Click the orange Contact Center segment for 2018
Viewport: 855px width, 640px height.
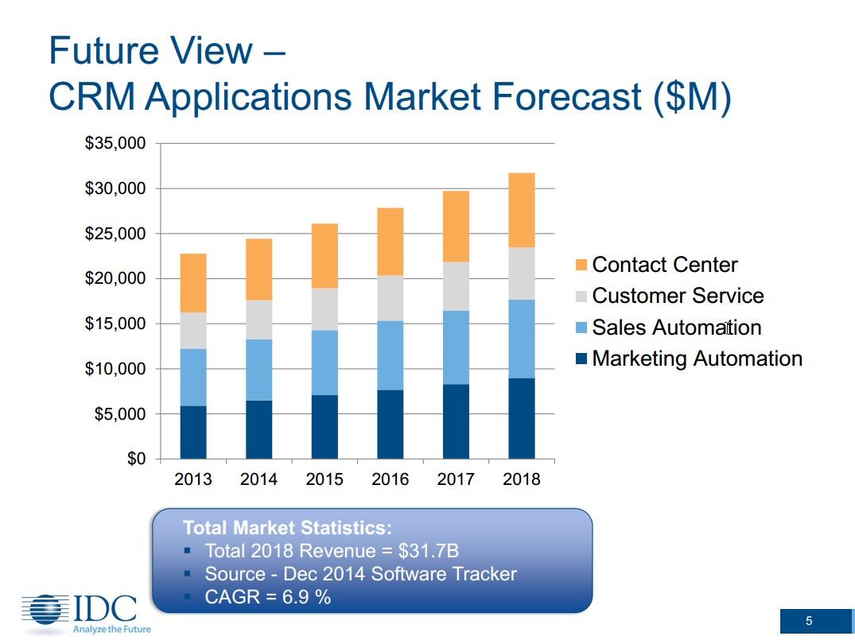click(x=521, y=210)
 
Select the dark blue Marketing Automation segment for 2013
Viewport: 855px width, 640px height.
click(x=193, y=432)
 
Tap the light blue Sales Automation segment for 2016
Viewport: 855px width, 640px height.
click(x=390, y=355)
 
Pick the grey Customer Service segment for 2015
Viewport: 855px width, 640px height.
click(x=325, y=309)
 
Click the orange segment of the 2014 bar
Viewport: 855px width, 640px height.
click(x=258, y=270)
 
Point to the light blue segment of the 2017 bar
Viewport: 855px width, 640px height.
click(x=456, y=347)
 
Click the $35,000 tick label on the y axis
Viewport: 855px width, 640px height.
click(x=115, y=144)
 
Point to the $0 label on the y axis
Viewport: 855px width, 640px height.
click(x=136, y=460)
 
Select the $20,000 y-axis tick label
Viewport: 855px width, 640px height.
click(x=115, y=279)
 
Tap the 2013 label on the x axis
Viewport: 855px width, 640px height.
click(x=193, y=479)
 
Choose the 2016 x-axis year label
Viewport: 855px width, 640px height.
click(x=390, y=479)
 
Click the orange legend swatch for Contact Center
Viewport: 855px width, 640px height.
click(x=581, y=265)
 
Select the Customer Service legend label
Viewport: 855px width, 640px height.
click(x=678, y=296)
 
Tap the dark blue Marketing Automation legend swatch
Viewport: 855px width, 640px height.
click(x=581, y=359)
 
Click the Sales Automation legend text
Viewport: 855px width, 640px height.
click(x=676, y=328)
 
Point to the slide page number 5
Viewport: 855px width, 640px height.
click(x=809, y=621)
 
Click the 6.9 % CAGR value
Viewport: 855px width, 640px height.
click(x=306, y=596)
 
